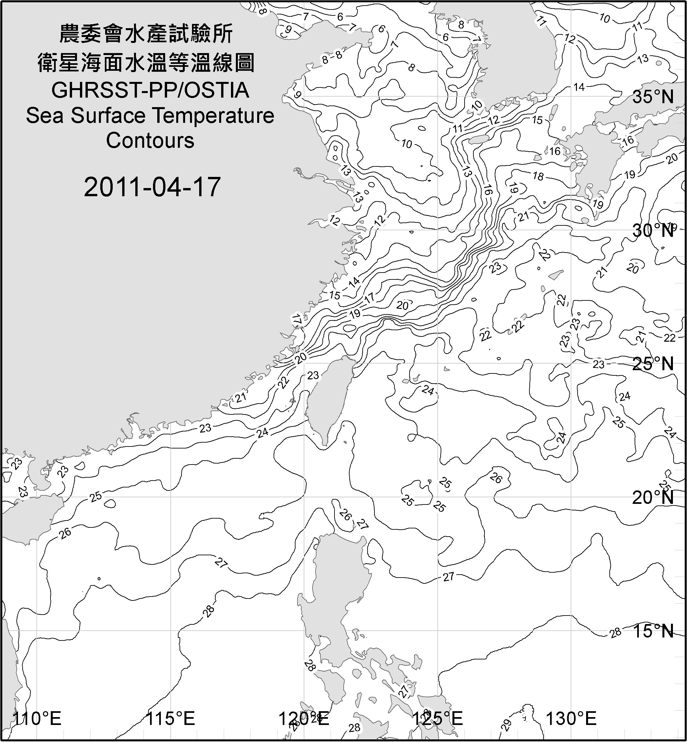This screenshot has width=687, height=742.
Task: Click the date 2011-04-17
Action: [152, 187]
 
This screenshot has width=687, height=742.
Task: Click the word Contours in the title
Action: [150, 141]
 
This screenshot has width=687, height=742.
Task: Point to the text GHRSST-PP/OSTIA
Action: [150, 90]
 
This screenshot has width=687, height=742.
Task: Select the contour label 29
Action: [506, 725]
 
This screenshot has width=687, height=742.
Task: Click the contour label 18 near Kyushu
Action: [538, 176]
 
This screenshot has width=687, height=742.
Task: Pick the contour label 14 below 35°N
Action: [579, 87]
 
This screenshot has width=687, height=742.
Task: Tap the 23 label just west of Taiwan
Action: [313, 375]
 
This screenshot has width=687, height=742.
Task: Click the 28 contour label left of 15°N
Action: [616, 632]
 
